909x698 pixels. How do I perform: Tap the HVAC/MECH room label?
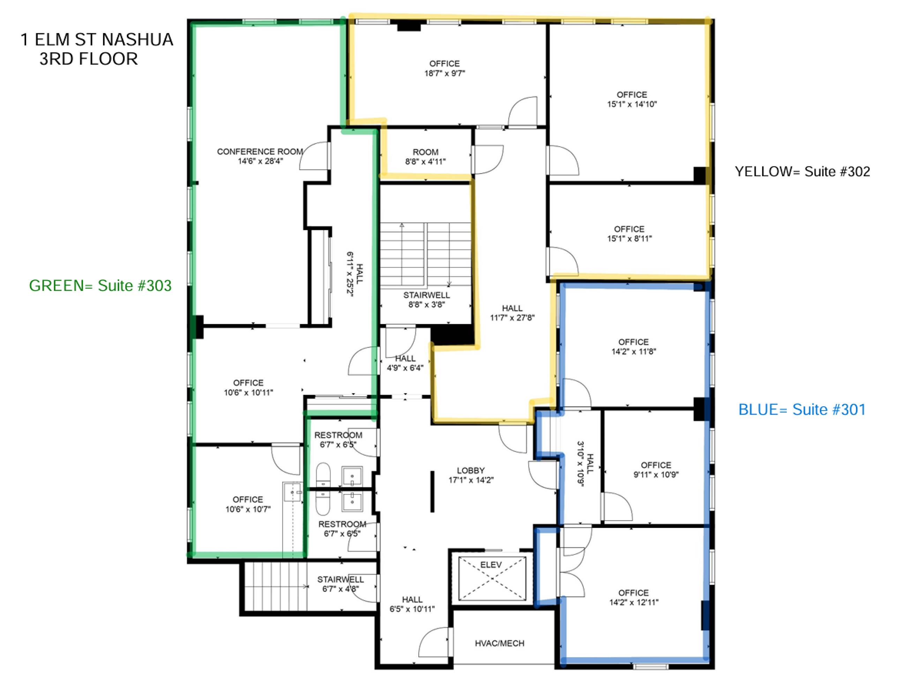click(x=499, y=643)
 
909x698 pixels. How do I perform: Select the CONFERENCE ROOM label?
click(x=260, y=152)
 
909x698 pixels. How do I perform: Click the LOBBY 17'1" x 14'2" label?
click(x=471, y=475)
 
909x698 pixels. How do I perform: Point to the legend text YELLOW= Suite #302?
click(x=802, y=172)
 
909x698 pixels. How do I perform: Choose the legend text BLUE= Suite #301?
click(x=802, y=410)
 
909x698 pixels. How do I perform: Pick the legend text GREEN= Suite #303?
click(x=100, y=285)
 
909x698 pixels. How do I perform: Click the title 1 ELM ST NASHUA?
click(x=97, y=39)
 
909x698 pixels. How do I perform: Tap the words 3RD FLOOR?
click(x=89, y=59)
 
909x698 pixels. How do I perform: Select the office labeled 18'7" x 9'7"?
click(x=444, y=68)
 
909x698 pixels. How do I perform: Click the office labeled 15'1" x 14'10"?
click(x=632, y=99)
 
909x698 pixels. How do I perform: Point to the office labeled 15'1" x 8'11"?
click(x=629, y=234)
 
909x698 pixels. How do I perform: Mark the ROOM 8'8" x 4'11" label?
click(x=425, y=157)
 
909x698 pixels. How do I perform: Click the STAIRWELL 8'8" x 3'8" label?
click(x=427, y=299)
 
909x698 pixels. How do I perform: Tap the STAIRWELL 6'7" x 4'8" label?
click(x=340, y=584)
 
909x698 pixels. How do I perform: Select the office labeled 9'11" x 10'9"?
click(x=656, y=469)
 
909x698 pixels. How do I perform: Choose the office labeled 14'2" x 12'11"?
click(x=633, y=597)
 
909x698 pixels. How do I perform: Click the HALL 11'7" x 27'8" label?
click(x=512, y=313)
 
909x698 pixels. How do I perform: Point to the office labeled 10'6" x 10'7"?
click(x=248, y=504)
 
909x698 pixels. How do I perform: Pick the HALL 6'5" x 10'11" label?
click(x=412, y=604)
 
